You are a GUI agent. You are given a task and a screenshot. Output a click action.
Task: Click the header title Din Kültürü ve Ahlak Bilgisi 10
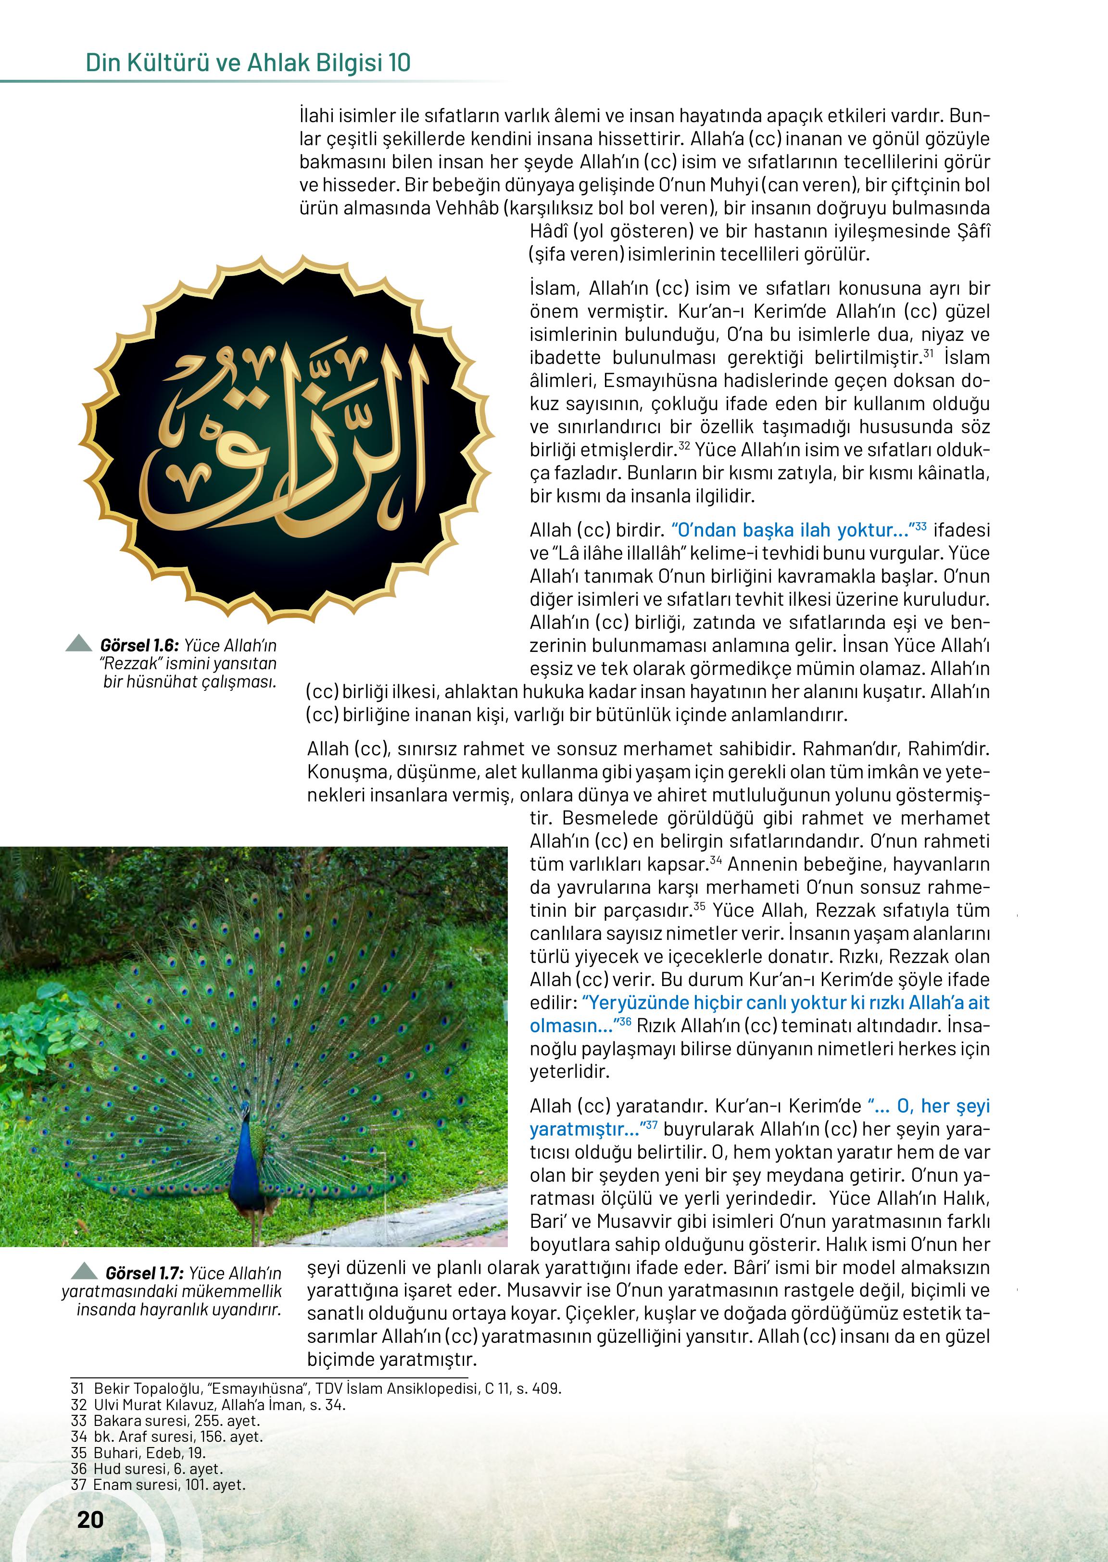(248, 63)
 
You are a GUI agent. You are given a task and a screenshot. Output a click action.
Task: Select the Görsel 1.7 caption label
(144, 1273)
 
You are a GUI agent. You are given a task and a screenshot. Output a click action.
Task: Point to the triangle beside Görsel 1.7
(85, 1271)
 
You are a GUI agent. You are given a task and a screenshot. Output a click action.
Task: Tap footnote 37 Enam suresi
(158, 1485)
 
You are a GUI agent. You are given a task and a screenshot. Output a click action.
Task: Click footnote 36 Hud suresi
(147, 1469)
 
